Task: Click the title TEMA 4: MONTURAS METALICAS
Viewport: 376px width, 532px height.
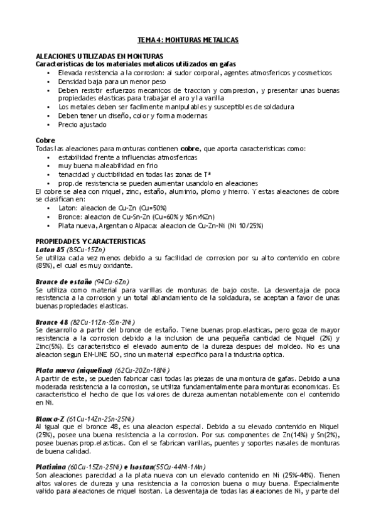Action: click(x=188, y=40)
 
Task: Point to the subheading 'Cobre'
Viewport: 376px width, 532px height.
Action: click(x=45, y=140)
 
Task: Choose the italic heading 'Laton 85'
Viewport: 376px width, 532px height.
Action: click(x=50, y=249)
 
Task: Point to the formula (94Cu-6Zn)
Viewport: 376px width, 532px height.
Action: click(x=116, y=282)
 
